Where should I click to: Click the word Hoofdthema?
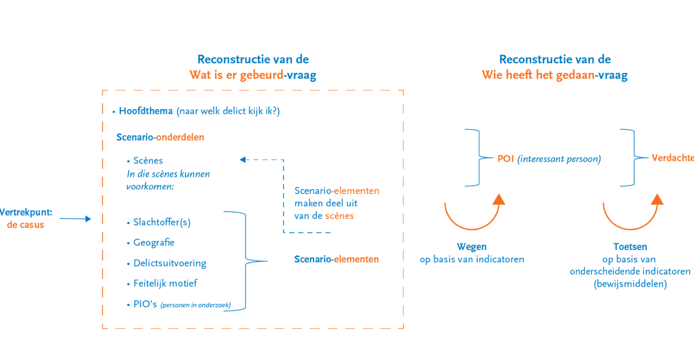coord(146,111)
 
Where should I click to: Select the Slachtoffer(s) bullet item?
coord(162,222)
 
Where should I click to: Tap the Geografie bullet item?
coord(154,243)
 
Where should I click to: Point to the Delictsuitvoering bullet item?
coord(169,263)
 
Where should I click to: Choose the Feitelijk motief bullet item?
coord(165,283)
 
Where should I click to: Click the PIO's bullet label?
coord(145,304)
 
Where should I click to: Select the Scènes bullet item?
coord(148,160)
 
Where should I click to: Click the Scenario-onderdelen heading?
coord(160,137)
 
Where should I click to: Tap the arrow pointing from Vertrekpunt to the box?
coord(75,219)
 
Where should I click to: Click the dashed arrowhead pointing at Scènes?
coord(243,160)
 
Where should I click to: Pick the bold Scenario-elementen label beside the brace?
coord(336,259)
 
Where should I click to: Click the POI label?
coord(506,159)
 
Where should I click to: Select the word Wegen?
coord(472,247)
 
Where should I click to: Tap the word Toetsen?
coord(630,247)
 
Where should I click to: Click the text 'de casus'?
coord(26,225)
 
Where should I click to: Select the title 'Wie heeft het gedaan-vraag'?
coord(555,75)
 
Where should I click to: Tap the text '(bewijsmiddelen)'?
coord(630,284)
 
